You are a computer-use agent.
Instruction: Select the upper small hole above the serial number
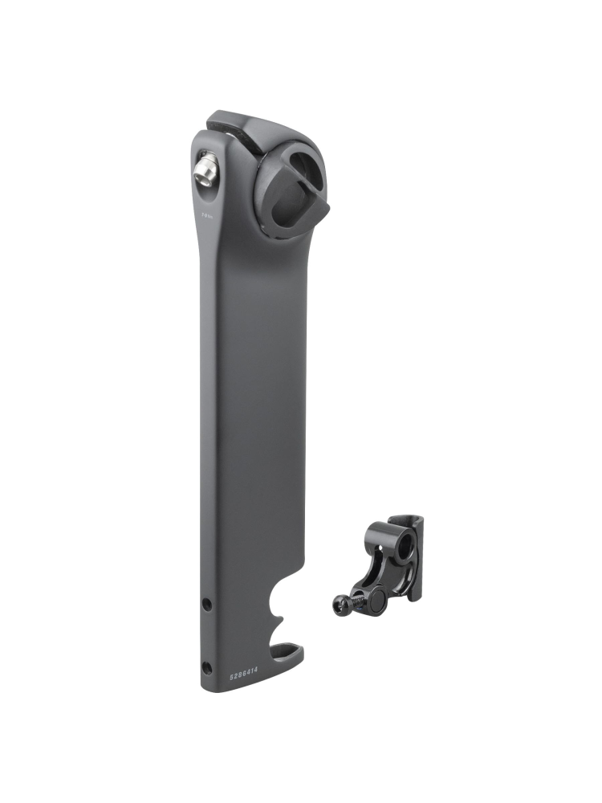pyautogui.click(x=207, y=603)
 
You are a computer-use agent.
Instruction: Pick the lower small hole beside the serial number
pyautogui.click(x=207, y=666)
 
